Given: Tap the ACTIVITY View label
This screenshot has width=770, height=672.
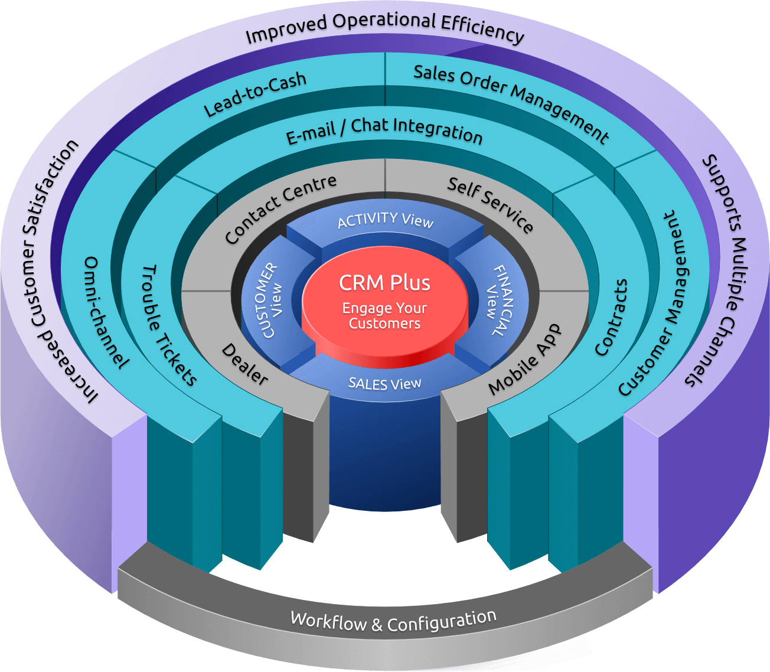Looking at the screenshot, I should pos(385,220).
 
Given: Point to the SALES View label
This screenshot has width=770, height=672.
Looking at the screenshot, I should pos(385,384).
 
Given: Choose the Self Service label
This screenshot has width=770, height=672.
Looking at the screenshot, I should pos(490,204).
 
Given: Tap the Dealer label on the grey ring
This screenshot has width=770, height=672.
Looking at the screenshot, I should pos(244,364).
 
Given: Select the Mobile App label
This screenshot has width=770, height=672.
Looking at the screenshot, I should pos(525,358).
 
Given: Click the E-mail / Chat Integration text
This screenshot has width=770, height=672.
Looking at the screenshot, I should pos(384,131).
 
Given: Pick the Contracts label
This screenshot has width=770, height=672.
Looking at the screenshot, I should pos(611,317).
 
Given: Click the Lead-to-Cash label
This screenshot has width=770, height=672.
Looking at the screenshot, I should pos(255,94).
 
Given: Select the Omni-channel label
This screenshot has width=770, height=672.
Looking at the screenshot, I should pos(106,312).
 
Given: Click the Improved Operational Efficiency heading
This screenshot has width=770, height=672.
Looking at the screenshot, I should pos(384,28).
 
